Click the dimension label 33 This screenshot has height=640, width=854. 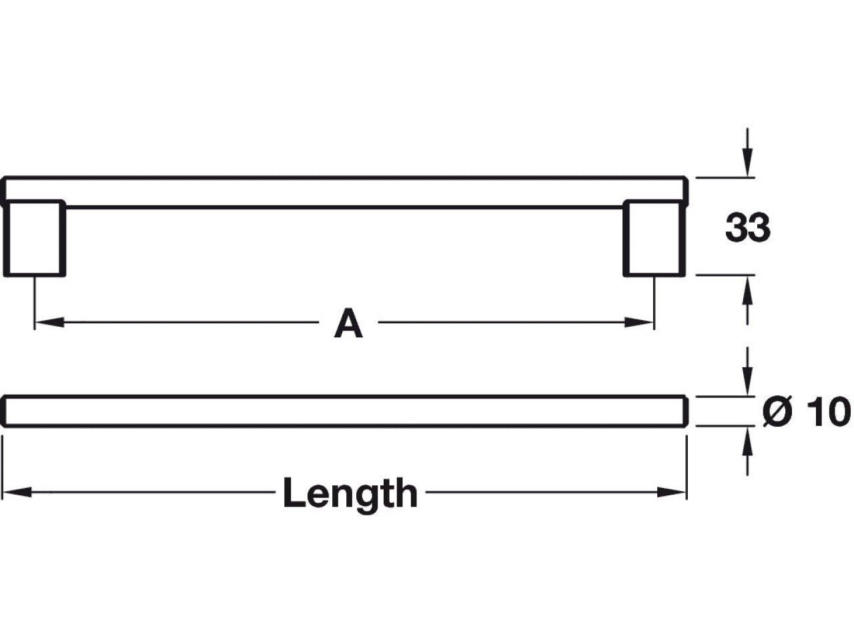click(x=747, y=227)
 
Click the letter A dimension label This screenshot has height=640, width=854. click(x=348, y=323)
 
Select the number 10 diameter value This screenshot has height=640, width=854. click(x=829, y=411)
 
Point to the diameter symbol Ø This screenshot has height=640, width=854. click(x=777, y=411)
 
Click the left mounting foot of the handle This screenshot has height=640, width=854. click(x=34, y=238)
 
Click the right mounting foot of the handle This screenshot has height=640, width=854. click(x=654, y=238)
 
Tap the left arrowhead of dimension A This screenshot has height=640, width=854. click(x=49, y=322)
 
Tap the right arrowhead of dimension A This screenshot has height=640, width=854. click(x=639, y=322)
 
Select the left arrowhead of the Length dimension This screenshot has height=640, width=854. click(x=17, y=493)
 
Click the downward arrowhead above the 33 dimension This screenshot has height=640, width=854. click(x=747, y=163)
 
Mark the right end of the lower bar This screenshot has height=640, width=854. click(x=686, y=411)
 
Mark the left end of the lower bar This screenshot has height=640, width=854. click(x=3, y=411)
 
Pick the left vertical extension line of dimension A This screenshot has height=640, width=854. click(x=35, y=303)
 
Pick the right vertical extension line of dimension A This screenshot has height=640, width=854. click(x=654, y=303)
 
